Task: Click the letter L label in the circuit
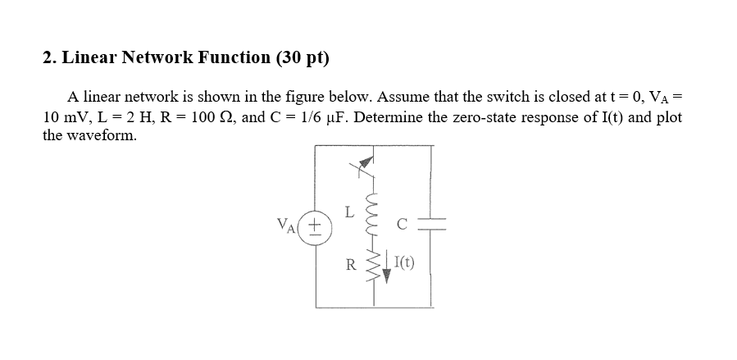[x=349, y=212]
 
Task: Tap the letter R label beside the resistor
[x=351, y=265]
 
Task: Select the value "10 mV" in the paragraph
[x=63, y=117]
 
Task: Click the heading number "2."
[x=48, y=58]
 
